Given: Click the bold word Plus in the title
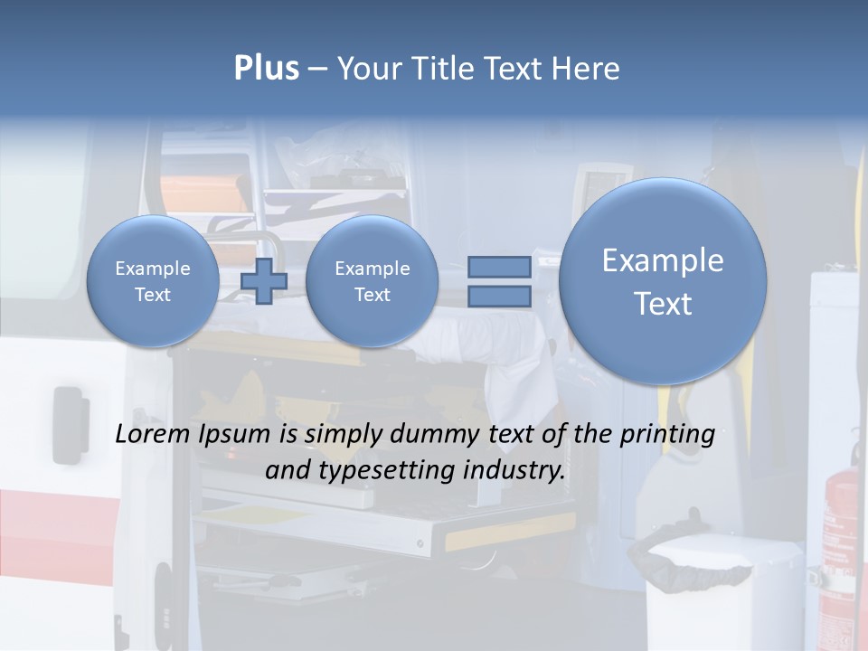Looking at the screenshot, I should point(266,69).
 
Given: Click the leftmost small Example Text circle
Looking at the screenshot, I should point(153,281).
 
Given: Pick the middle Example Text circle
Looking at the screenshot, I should point(372,281).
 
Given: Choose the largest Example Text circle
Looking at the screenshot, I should point(663,281).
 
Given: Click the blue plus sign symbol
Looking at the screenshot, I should point(263,282).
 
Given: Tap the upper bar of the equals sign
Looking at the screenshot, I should point(498,268).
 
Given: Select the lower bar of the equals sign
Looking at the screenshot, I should point(498,296).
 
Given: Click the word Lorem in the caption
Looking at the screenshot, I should point(153,435).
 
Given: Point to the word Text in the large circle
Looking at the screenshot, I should point(663,304).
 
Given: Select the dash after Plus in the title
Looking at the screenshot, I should point(317,70).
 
